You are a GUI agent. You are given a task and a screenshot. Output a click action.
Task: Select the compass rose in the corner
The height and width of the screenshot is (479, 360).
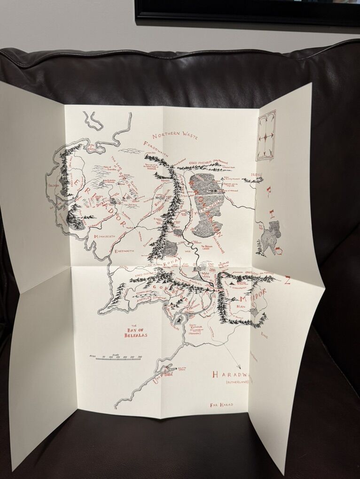click(x=266, y=136)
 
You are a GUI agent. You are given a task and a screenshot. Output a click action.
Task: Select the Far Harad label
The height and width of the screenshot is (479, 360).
click(x=222, y=403)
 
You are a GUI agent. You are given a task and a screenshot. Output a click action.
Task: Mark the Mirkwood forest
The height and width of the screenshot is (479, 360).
click(x=206, y=203)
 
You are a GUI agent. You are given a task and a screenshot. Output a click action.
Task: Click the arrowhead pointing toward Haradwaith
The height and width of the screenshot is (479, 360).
click(x=238, y=367)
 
